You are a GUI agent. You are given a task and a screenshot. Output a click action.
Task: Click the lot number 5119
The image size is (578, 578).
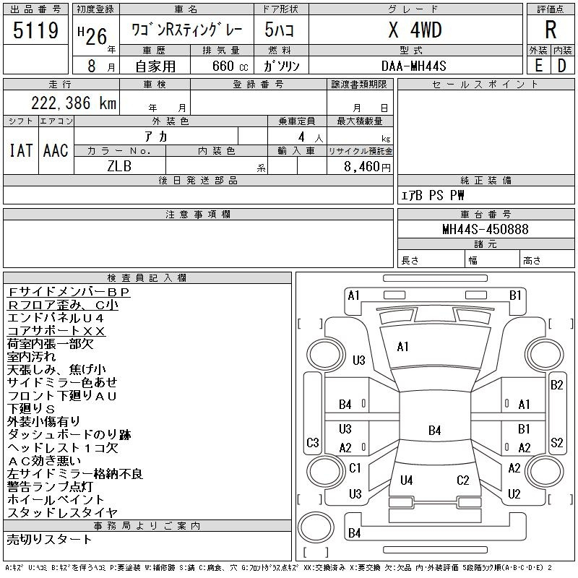pyautogui.click(x=36, y=31)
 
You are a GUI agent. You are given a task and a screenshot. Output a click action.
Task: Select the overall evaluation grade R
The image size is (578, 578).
pyautogui.click(x=550, y=30)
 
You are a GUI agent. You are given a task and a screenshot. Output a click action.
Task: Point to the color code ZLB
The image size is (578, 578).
pyautogui.click(x=120, y=165)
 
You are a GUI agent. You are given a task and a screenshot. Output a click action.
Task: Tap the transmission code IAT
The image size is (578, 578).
pyautogui.click(x=20, y=150)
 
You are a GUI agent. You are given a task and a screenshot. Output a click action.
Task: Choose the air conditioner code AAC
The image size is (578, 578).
pyautogui.click(x=56, y=150)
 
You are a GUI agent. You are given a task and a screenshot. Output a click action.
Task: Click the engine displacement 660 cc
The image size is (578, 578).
pyautogui.click(x=221, y=66)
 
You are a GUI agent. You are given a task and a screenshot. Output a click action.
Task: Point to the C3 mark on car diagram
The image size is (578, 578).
pyautogui.click(x=313, y=443)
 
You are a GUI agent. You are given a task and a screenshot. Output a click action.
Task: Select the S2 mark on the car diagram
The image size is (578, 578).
pyautogui.click(x=556, y=443)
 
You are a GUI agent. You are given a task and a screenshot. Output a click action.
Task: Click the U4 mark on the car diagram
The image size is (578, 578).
pyautogui.click(x=407, y=480)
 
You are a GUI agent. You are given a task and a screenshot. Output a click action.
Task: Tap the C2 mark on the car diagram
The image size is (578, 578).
pyautogui.click(x=463, y=480)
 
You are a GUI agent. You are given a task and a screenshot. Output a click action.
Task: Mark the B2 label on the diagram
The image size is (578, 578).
pyautogui.click(x=556, y=385)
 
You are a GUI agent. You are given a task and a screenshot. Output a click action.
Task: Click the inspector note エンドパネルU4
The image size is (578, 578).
pyautogui.click(x=56, y=318)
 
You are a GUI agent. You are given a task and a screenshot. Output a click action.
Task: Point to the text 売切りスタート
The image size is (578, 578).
pyautogui.click(x=50, y=539)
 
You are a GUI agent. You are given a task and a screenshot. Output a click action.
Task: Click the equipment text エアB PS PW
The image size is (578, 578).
pyautogui.click(x=433, y=195)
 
